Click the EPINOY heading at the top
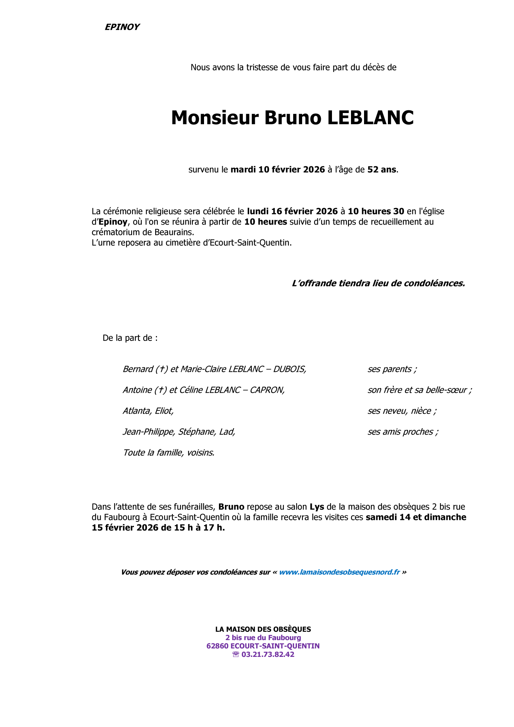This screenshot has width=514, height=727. click(122, 27)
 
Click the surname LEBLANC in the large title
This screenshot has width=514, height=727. click(370, 118)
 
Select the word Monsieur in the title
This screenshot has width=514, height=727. click(215, 118)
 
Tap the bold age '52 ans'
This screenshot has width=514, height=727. click(382, 170)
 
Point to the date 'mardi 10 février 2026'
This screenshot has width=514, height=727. click(278, 170)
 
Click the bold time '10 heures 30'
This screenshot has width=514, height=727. click(376, 211)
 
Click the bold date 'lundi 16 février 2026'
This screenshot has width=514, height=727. click(292, 211)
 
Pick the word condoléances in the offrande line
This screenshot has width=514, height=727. click(434, 283)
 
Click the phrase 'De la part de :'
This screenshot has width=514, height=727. click(130, 338)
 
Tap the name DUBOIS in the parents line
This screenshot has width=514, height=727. click(290, 369)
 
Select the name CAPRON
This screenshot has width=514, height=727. click(267, 390)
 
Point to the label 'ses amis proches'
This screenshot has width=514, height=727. click(402, 432)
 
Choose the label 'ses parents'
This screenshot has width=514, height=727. click(392, 369)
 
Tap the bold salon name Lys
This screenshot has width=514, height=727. click(313, 507)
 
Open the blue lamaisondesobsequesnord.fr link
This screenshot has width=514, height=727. click(339, 572)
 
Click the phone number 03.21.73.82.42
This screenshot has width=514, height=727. click(268, 654)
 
